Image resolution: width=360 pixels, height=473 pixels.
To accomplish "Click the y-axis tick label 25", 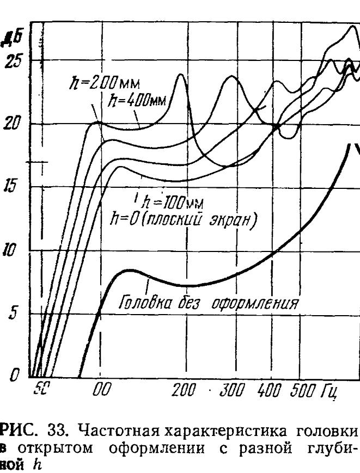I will point(11,60).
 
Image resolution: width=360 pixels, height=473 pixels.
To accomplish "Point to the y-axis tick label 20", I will point(11,124).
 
